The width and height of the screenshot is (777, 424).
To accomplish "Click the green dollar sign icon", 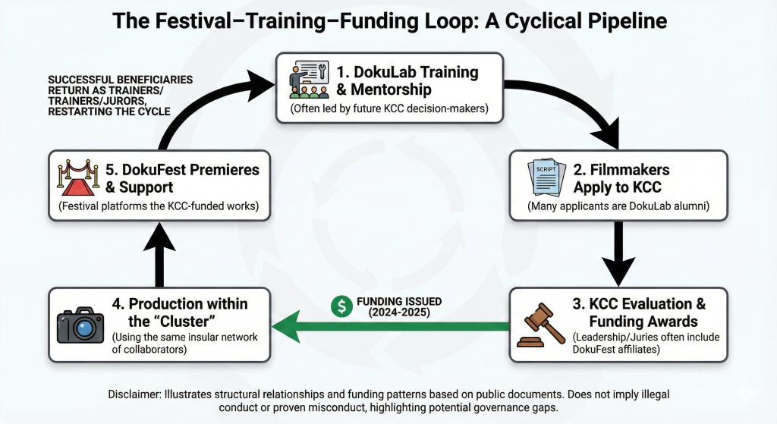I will [343, 306].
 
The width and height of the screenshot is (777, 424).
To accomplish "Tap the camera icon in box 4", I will [80, 325].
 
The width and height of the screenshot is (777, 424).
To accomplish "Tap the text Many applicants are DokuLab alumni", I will [618, 205].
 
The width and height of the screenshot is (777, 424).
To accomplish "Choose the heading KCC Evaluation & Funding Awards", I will [638, 313].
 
